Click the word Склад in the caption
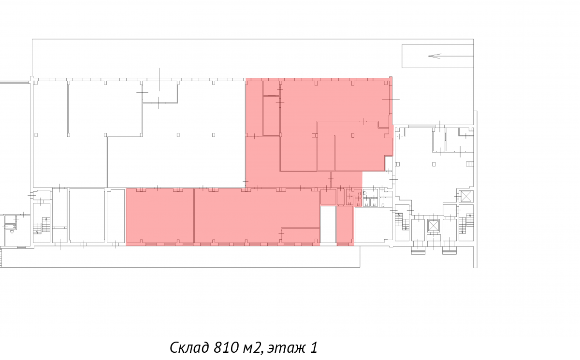pos(189,347)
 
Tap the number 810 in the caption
pos(226,347)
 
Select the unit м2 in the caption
pos(253,348)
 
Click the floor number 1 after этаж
pos(314,347)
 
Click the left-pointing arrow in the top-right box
pos(450,56)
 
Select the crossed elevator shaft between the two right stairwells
pos(433,226)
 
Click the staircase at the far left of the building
pos(42,226)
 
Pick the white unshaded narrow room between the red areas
pos(328,225)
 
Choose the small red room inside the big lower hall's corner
pos(300,235)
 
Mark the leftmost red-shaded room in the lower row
pos(160,216)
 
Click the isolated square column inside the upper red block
pos(353,135)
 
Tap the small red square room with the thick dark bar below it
pos(271,88)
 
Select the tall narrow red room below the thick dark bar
pos(271,116)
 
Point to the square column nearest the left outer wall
pos(36,135)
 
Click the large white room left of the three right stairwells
pos(373,225)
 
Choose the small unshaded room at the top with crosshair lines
pos(160,92)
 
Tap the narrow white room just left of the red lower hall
pos(116,216)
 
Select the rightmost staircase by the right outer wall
pos(466,223)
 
